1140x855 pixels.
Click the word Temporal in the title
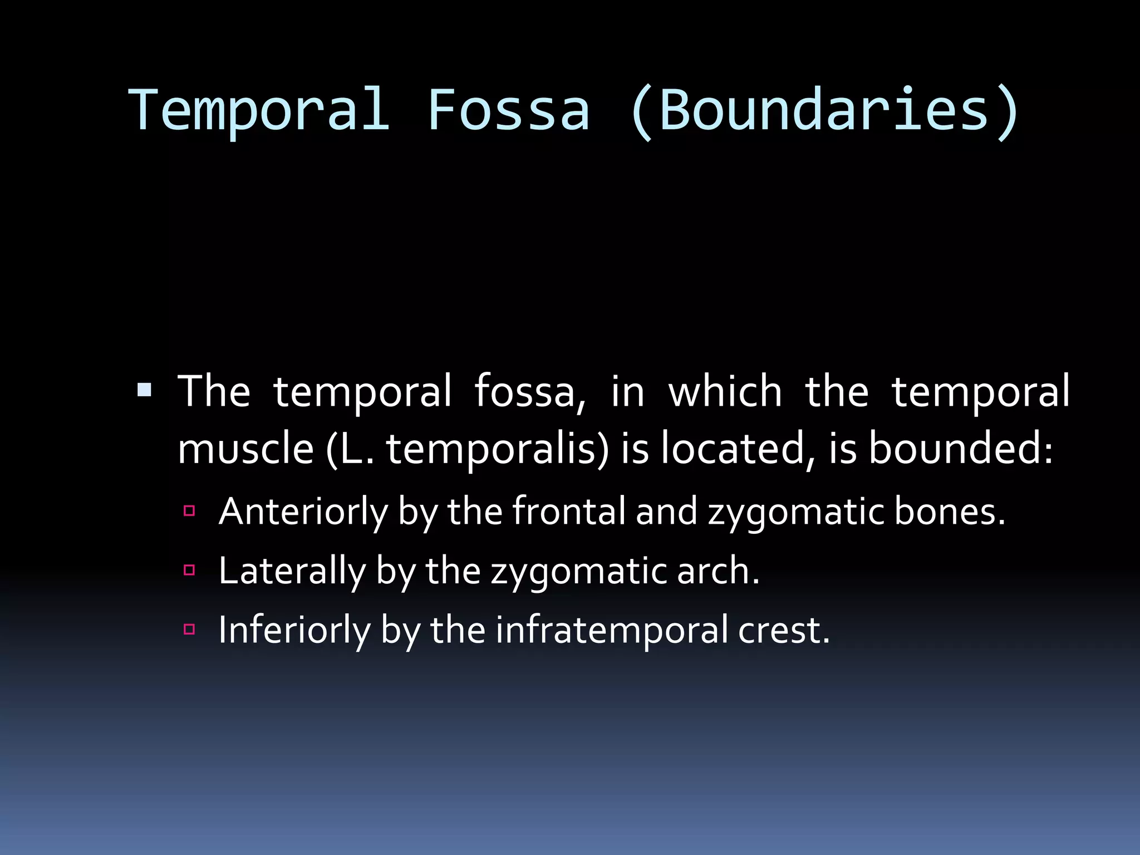(259, 110)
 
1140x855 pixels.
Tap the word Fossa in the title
(509, 110)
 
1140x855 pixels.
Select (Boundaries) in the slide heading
(825, 111)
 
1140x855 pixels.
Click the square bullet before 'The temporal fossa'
(144, 389)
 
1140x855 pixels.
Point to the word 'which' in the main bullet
(725, 391)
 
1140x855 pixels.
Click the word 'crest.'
(784, 630)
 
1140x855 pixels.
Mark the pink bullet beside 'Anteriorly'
(189, 510)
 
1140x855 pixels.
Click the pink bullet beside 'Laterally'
(189, 570)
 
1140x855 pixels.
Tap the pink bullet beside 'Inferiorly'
(189, 630)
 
